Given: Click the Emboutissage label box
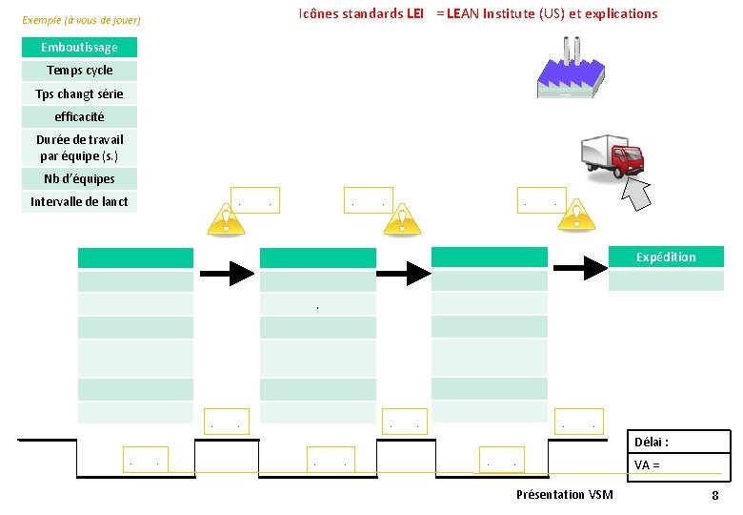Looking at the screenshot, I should click(x=79, y=47).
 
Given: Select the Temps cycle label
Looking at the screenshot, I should click(x=79, y=71).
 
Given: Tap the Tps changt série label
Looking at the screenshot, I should click(x=79, y=93).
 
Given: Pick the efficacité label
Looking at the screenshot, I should click(x=79, y=116).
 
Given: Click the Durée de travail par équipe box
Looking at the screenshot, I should click(x=79, y=148).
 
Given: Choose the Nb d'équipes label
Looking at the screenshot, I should click(x=79, y=178).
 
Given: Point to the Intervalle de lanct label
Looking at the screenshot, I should click(x=79, y=201).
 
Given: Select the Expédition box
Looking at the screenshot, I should click(x=666, y=257).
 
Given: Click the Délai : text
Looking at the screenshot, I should click(x=652, y=443).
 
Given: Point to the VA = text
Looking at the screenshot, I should click(x=647, y=465).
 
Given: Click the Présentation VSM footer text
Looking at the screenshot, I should click(x=564, y=494).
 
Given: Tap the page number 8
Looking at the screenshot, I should click(x=714, y=496).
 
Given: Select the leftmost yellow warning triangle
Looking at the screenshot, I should click(x=225, y=218).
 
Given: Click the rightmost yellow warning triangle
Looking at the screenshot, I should click(x=575, y=217).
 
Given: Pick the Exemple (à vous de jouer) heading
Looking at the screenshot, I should click(x=81, y=20).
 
